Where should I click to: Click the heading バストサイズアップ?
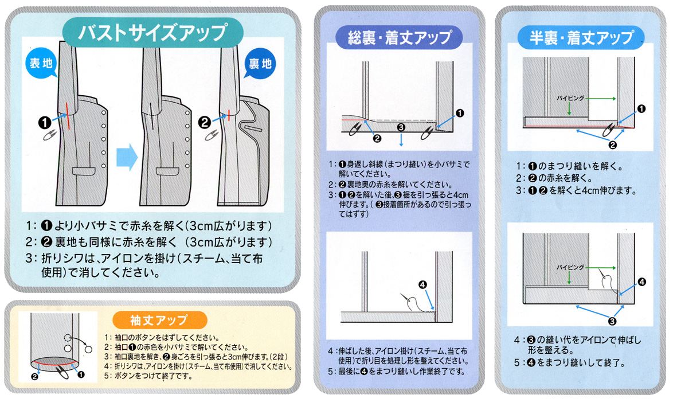pos(152,32)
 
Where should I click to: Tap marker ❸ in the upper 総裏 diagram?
pos(401,127)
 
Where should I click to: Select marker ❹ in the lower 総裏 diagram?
pos(422,284)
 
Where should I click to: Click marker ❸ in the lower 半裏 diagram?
pos(612,321)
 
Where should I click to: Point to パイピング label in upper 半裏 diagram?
pos(570,98)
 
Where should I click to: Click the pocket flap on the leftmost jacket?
pos(84,171)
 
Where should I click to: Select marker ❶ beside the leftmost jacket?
pos(44,122)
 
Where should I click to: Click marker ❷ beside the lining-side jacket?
pos(205,122)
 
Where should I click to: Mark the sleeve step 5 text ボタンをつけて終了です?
pos(152,377)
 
